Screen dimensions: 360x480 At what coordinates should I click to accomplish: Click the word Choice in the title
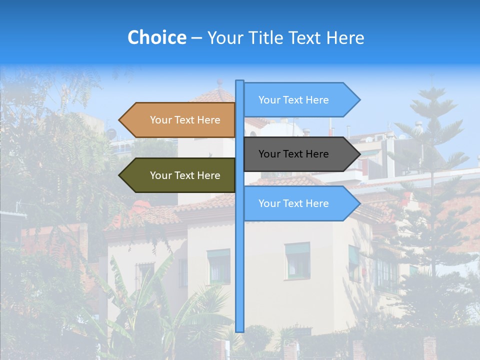[x=156, y=37]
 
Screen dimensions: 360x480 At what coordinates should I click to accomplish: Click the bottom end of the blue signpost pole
[x=239, y=330]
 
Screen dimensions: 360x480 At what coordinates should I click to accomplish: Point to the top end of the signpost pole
[x=239, y=81]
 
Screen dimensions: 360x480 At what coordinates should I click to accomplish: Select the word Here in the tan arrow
[x=208, y=120]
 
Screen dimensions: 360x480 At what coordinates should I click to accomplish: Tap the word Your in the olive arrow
[x=161, y=175]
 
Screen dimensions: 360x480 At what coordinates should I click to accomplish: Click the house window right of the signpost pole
[x=297, y=261]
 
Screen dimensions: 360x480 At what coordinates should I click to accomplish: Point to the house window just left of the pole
[x=218, y=266]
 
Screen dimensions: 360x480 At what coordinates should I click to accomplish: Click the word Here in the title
[x=345, y=37]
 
